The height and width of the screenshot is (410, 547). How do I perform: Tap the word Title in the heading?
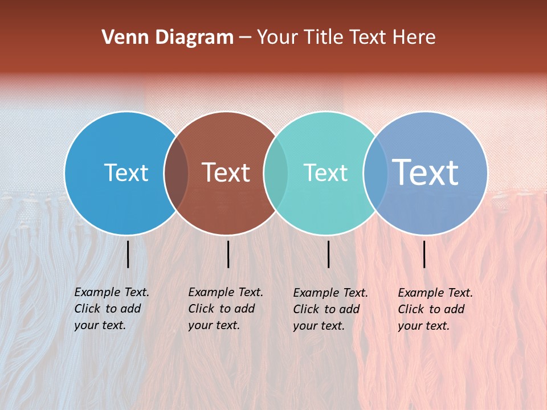(x=324, y=38)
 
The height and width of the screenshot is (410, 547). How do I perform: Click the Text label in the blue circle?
(x=126, y=173)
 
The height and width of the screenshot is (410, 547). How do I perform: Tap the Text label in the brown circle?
(x=226, y=173)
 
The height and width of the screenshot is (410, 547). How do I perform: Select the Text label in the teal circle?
(x=325, y=173)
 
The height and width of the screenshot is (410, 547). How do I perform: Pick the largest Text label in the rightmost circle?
(x=425, y=173)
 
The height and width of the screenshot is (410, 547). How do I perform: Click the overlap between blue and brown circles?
(x=176, y=173)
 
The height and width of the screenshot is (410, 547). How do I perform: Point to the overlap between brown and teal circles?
(x=276, y=173)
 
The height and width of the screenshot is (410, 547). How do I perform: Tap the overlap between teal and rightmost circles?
(x=375, y=173)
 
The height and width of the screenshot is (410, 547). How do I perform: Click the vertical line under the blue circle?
(x=128, y=254)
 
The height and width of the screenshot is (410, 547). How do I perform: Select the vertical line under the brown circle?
(x=228, y=254)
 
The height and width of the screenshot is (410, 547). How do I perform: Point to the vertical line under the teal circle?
(x=328, y=254)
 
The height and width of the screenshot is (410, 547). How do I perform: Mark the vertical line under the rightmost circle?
(x=424, y=254)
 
